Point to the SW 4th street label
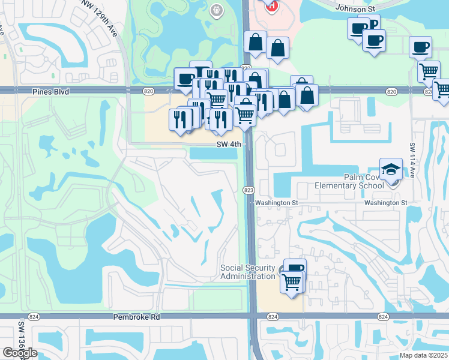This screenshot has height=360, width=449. coord(229,145)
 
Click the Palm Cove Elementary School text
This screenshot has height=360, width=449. coord(349,181)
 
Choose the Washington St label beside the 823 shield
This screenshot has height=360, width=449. coord(277,203)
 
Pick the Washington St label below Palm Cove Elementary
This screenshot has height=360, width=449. coord(385,203)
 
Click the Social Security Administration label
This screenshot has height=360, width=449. coord(247,272)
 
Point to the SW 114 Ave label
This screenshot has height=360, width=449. coord(413,159)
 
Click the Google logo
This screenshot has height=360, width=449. coord(20,353)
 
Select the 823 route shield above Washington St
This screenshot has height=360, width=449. coord(247,190)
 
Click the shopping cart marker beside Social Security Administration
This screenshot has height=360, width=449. coord(291,280)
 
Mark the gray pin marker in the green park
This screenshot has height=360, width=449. coord(215,10)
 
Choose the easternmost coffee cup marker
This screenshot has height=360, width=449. coord(420,47)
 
